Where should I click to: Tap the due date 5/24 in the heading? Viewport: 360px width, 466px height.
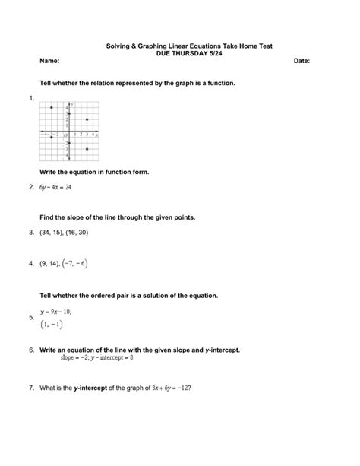[x=201, y=54]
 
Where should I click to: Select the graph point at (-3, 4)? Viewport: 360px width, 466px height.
[x=51, y=108]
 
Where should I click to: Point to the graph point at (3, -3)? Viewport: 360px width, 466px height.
[x=87, y=149]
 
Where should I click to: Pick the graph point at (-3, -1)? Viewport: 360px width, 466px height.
[x=51, y=138]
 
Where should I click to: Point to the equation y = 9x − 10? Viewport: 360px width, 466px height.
[x=55, y=311]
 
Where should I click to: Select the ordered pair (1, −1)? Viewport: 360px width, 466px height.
[x=52, y=324]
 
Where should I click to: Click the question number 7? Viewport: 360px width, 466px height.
[x=30, y=388]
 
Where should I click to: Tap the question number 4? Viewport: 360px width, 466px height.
[x=30, y=264]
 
